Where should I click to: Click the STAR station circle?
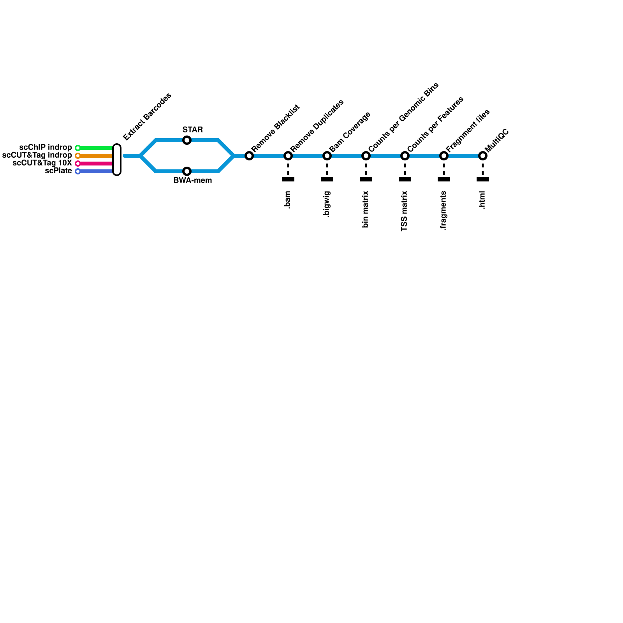pos(187,140)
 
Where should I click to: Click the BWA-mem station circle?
pos(187,171)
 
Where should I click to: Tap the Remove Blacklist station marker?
pos(249,156)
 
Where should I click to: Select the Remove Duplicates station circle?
pos(288,156)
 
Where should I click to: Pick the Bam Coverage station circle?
pos(327,156)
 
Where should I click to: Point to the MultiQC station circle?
pos(483,156)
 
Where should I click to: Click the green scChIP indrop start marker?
pos(78,148)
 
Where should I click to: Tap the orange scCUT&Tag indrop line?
pos(95,156)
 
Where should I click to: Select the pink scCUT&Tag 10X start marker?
pos(78,164)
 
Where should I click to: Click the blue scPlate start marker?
pos(78,171)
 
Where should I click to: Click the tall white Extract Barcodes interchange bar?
pos(117,160)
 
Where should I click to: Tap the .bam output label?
pos(288,200)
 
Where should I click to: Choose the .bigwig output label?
pos(327,204)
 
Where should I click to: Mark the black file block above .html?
pos(483,179)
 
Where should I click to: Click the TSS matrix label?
pos(405,211)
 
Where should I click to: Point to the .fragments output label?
pos(443,211)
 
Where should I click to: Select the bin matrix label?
pos(366,209)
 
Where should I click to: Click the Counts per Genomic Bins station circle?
pos(366,156)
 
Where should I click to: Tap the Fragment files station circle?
pos(444,156)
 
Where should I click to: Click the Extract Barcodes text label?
pos(147,116)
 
